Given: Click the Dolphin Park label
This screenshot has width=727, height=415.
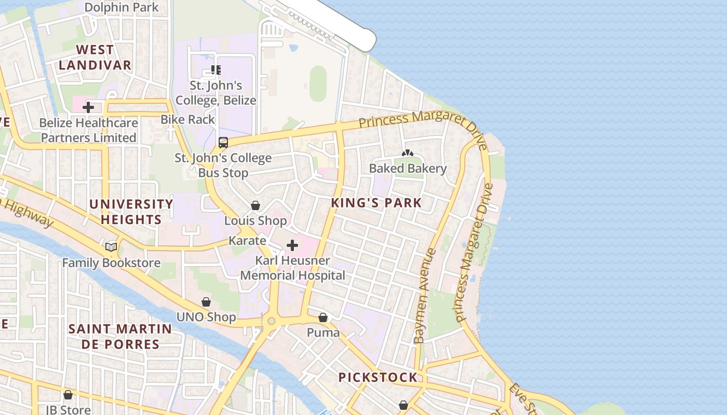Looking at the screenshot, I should [x=121, y=8].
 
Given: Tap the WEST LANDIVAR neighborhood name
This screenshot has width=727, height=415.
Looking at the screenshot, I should [x=95, y=58].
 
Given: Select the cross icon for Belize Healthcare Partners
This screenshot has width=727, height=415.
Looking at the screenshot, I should [x=88, y=107].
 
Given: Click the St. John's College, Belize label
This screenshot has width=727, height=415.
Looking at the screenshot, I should [x=216, y=93].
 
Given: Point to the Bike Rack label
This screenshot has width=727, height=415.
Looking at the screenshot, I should [x=187, y=119].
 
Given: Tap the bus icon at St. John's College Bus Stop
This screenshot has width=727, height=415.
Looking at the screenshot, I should [x=223, y=142].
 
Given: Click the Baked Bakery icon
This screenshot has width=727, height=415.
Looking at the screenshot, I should [x=408, y=153].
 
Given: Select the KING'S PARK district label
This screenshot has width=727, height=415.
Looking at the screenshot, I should [x=376, y=203].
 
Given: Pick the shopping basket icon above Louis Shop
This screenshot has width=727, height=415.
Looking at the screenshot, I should [x=255, y=205].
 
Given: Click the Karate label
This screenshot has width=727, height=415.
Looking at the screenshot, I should [x=247, y=241].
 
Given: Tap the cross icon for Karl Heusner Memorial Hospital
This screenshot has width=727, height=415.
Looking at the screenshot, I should [x=292, y=245].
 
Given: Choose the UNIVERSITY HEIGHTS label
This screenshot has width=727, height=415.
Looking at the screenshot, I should [x=131, y=212].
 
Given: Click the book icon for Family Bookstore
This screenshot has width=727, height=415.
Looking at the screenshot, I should [x=111, y=247].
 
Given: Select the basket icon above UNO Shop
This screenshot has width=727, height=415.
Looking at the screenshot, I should [x=206, y=302].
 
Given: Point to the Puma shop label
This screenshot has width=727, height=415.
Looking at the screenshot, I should [x=323, y=333].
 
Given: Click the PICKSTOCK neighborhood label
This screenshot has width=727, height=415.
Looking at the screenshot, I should [x=378, y=377].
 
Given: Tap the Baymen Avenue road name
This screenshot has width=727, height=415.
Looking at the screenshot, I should [x=425, y=296].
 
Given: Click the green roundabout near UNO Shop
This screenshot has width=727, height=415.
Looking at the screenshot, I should [x=271, y=321].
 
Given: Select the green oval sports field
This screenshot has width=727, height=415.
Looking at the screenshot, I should [x=318, y=84].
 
